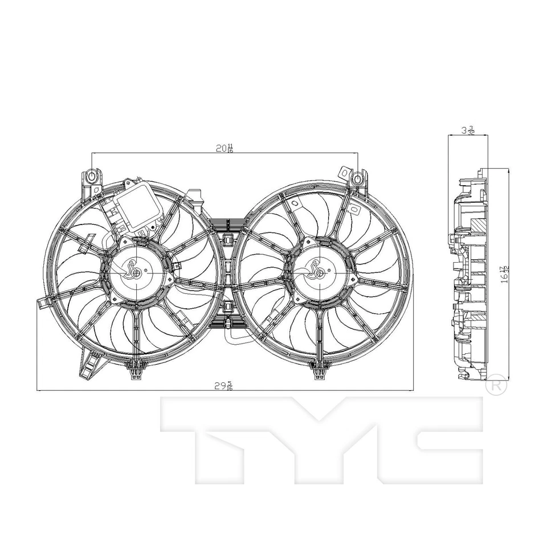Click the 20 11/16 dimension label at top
[224, 149]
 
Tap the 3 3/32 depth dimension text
[467, 130]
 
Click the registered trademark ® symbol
[496, 385]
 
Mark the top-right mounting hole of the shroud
[357, 178]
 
